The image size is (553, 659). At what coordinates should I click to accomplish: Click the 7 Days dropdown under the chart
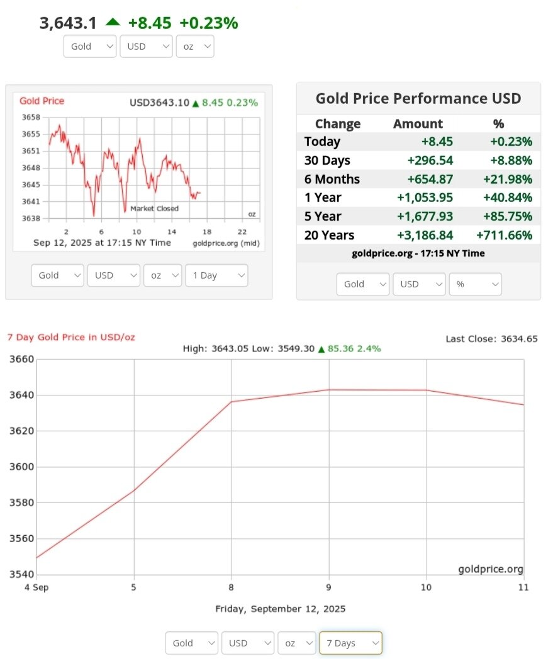pyautogui.click(x=350, y=643)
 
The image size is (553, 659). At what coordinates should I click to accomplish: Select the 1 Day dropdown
pyautogui.click(x=216, y=275)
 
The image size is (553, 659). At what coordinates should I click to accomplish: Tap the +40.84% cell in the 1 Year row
pyautogui.click(x=507, y=197)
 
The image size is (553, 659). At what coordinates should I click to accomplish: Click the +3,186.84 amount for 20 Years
pyautogui.click(x=425, y=235)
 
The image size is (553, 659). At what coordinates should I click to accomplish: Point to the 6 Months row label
pyautogui.click(x=332, y=179)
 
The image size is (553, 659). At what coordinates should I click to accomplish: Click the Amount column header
pyautogui.click(x=418, y=124)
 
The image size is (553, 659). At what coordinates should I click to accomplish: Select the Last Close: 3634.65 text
pyautogui.click(x=491, y=339)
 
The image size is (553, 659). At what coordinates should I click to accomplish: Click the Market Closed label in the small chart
pyautogui.click(x=155, y=209)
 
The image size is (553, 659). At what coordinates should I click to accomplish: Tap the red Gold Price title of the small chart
pyautogui.click(x=42, y=101)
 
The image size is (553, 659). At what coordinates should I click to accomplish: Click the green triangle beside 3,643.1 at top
pyautogui.click(x=113, y=22)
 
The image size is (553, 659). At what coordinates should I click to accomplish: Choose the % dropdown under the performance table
pyautogui.click(x=475, y=284)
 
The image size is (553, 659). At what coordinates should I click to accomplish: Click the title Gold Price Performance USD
pyautogui.click(x=418, y=98)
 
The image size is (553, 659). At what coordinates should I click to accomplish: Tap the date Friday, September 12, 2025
pyautogui.click(x=280, y=609)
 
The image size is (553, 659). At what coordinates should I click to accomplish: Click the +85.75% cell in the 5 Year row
pyautogui.click(x=507, y=216)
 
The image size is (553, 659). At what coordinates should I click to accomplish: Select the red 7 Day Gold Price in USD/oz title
pyautogui.click(x=71, y=337)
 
